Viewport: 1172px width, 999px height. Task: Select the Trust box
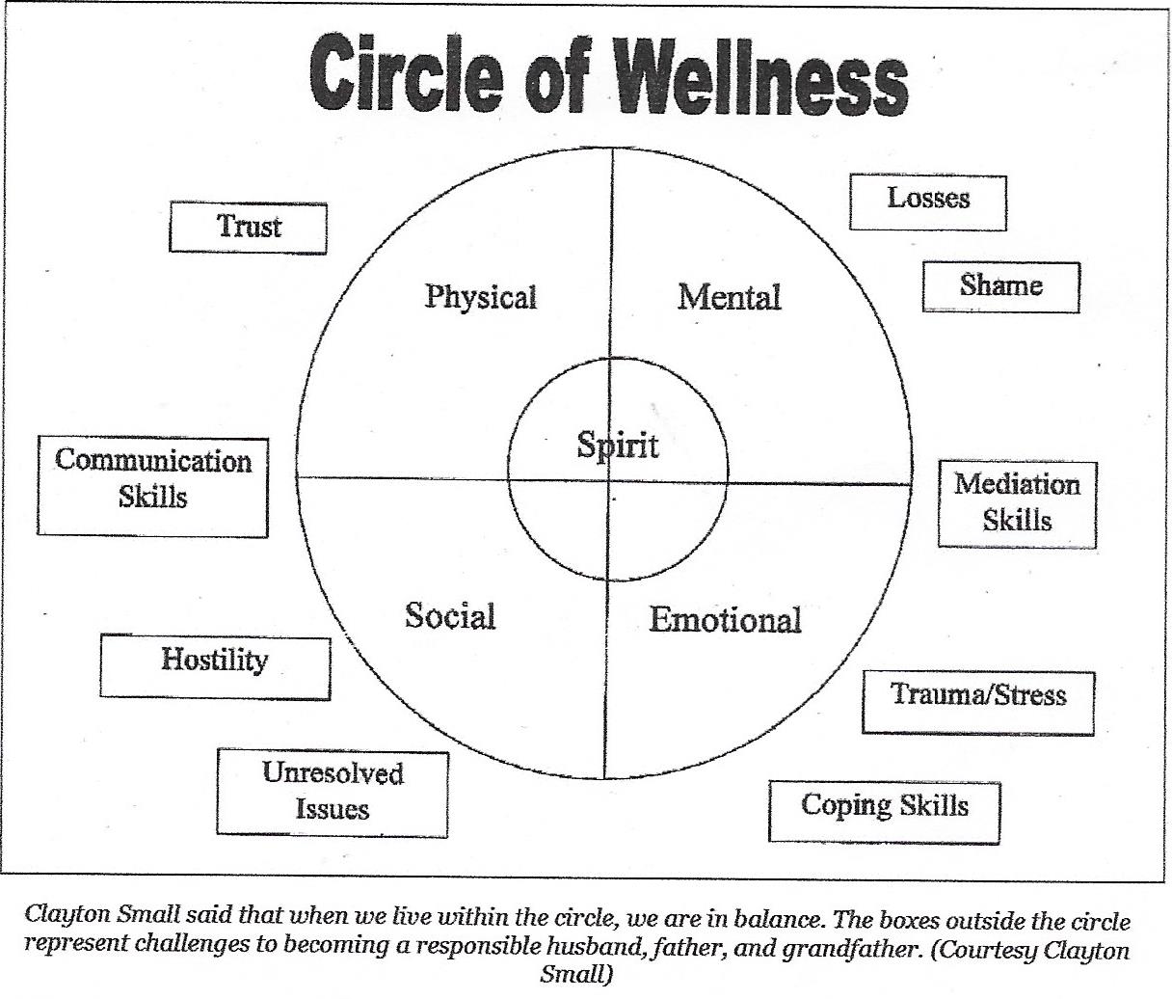(x=248, y=227)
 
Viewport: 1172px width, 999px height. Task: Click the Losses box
(x=927, y=202)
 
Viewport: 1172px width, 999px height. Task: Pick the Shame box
(x=1000, y=286)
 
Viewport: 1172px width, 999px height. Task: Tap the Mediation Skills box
(x=1017, y=503)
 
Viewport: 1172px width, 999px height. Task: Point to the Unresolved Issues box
(x=333, y=791)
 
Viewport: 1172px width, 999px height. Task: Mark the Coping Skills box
(x=884, y=807)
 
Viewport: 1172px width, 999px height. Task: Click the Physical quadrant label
(x=480, y=297)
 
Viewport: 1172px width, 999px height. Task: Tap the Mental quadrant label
(x=729, y=297)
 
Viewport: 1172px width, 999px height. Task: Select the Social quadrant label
(x=450, y=616)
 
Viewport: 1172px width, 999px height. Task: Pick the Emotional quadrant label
(x=725, y=620)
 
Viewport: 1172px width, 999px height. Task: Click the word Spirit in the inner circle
(x=618, y=445)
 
